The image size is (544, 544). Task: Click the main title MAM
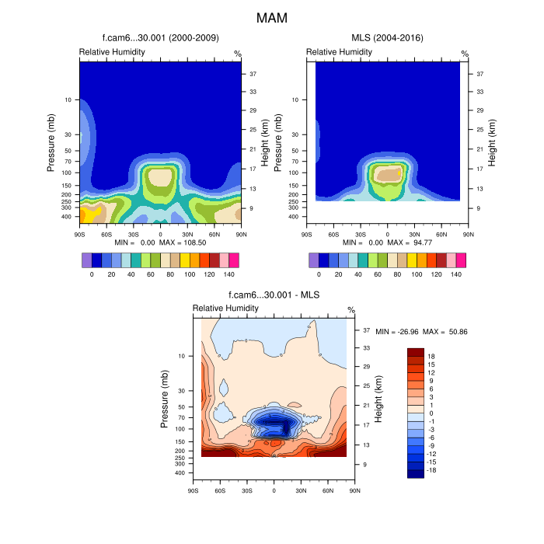pyautogui.click(x=272, y=16)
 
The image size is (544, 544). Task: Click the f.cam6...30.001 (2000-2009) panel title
pyautogui.click(x=160, y=37)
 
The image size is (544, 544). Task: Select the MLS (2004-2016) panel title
pyautogui.click(x=386, y=37)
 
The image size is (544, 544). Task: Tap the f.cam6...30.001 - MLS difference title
pyautogui.click(x=274, y=295)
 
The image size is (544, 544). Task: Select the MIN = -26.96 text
pyautogui.click(x=398, y=332)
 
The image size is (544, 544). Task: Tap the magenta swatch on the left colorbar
pyautogui.click(x=234, y=260)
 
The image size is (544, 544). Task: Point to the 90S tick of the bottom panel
pyautogui.click(x=193, y=490)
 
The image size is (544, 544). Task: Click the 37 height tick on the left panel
pyautogui.click(x=253, y=74)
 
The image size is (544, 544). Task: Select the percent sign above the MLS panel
pyautogui.click(x=465, y=54)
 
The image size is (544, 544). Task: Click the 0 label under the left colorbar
pyautogui.click(x=92, y=274)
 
